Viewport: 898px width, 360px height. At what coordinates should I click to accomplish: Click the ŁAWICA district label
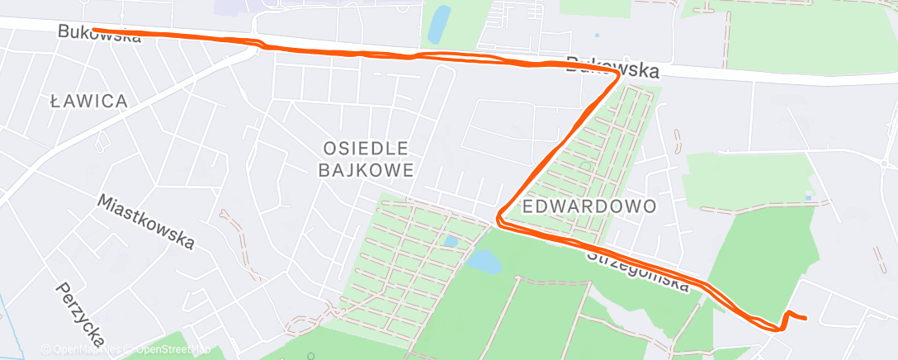88,102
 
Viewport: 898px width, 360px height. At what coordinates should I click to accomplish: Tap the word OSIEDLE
364,148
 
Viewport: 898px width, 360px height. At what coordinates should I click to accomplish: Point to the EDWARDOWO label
589,205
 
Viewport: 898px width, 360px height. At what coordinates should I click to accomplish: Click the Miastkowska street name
147,221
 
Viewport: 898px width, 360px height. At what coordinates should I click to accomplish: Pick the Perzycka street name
80,313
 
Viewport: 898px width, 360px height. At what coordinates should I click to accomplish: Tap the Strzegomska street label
637,270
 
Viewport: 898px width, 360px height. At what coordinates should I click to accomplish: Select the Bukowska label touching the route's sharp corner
612,68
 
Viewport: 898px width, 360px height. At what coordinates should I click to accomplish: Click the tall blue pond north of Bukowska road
439,25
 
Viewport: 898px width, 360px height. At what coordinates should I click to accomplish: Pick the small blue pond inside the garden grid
450,242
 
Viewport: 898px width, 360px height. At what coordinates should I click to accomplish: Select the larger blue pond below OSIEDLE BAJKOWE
483,263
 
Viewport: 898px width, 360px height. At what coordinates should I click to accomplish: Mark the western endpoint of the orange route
93,30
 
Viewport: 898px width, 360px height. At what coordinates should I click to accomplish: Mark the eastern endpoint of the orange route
805,318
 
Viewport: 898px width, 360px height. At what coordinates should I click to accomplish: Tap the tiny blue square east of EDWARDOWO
808,198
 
